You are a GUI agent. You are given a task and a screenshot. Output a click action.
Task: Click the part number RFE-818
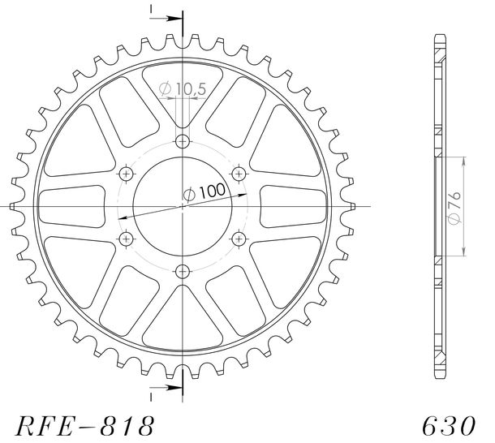coord(85,426)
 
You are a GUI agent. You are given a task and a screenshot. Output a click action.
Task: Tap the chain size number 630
coord(449,426)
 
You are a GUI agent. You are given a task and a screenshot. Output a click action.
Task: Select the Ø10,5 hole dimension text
coord(183,88)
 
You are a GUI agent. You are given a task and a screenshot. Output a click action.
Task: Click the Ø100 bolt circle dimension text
coord(204,192)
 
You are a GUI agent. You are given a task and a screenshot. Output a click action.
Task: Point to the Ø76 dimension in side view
coord(454,208)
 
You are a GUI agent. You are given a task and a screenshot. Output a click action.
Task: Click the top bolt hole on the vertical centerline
coord(183,141)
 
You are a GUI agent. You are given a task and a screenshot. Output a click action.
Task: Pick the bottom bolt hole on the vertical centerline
coord(183,271)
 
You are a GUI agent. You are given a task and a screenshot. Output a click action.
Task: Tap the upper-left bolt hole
coord(127,174)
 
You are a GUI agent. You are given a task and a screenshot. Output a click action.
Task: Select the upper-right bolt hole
coord(239,174)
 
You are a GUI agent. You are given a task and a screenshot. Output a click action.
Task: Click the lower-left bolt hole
coord(127,239)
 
